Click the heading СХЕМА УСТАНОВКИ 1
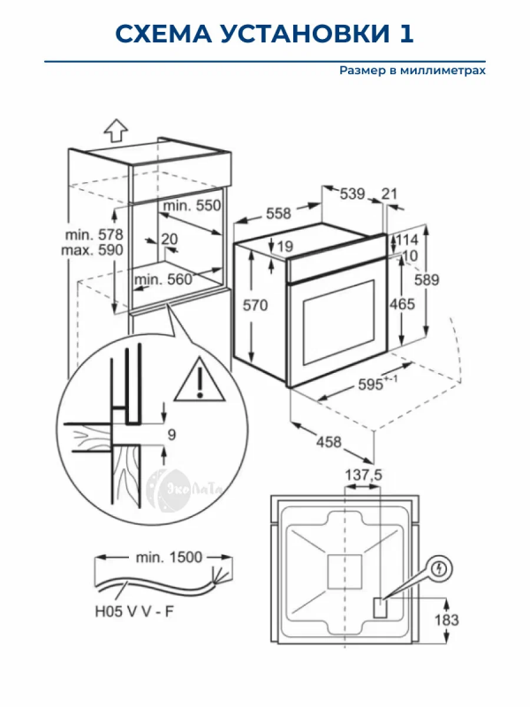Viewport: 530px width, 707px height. click(265, 34)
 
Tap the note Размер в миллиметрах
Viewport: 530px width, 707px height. click(413, 71)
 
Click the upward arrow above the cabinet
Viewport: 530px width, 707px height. click(114, 130)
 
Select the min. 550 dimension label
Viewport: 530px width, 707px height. click(191, 205)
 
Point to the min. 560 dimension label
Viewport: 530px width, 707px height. click(163, 280)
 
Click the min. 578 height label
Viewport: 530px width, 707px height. click(94, 235)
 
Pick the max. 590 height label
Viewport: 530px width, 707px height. click(94, 250)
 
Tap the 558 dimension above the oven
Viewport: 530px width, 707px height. click(278, 213)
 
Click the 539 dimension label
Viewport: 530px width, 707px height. click(352, 194)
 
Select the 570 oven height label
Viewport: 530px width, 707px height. click(255, 305)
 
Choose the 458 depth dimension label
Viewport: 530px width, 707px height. click(329, 442)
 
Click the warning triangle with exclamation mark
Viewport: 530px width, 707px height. click(201, 379)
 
